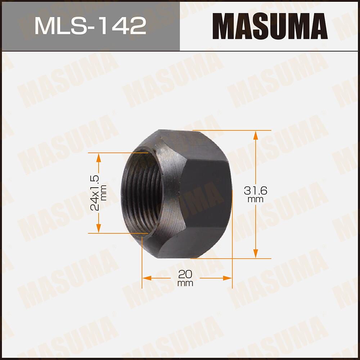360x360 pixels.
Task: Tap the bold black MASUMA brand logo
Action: point(270,26)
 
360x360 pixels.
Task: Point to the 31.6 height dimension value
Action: point(255,190)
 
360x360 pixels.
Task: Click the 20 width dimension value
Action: point(185,274)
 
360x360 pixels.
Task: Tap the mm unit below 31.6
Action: point(255,199)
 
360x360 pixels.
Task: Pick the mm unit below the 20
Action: point(185,283)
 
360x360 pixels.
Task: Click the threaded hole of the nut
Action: point(142,193)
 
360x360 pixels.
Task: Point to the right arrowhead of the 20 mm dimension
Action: point(228,278)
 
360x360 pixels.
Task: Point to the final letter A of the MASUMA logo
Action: point(317,26)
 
